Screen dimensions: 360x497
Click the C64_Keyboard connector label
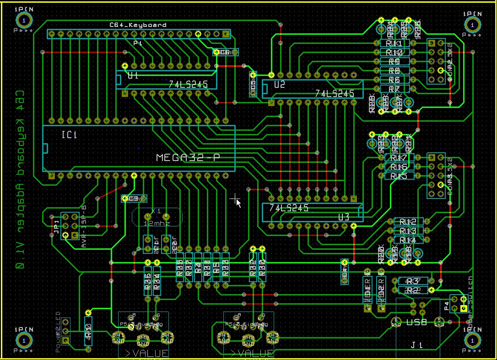coord(137,25)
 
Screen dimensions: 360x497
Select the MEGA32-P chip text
coord(188,158)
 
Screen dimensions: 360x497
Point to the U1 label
coord(133,76)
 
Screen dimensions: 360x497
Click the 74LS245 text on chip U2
coord(335,93)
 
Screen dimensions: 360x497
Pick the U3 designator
coord(344,217)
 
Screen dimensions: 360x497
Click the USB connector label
coord(416,322)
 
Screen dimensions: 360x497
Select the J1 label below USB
coord(416,345)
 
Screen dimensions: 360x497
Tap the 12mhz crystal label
coord(157,223)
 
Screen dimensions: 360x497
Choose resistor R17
coord(396,158)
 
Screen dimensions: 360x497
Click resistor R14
coord(408,240)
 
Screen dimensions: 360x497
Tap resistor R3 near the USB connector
coord(413,281)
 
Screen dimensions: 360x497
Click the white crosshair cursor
coord(236,199)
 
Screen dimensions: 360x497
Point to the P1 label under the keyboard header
coord(137,43)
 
